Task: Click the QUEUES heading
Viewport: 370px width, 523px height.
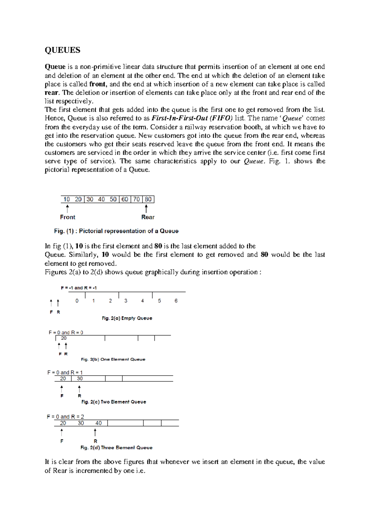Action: [62, 50]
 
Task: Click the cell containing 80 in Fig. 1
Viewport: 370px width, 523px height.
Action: [148, 200]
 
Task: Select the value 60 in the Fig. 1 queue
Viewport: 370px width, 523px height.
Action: [125, 200]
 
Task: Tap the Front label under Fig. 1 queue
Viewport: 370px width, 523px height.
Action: [68, 217]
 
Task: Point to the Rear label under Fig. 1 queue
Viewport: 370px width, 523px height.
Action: [148, 217]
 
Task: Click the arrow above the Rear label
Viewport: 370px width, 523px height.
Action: [146, 209]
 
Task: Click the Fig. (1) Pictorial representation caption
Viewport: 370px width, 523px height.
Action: [116, 231]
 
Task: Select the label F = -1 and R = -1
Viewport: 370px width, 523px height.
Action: [79, 288]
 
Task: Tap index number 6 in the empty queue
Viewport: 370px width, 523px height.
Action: [176, 301]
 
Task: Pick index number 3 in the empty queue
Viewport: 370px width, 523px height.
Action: [126, 301]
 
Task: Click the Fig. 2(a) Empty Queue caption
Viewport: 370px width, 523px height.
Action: [127, 318]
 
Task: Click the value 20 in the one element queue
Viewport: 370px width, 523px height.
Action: [64, 338]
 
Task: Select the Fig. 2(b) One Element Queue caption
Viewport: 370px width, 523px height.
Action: [113, 359]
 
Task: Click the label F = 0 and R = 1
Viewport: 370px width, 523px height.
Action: [65, 373]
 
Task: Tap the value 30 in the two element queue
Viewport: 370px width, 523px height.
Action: [80, 379]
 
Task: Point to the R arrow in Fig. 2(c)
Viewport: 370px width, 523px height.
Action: [80, 389]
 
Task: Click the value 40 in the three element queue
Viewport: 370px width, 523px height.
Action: [99, 423]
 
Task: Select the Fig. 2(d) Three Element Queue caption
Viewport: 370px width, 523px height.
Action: [116, 447]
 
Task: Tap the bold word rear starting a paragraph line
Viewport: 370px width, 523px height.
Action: [51, 93]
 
